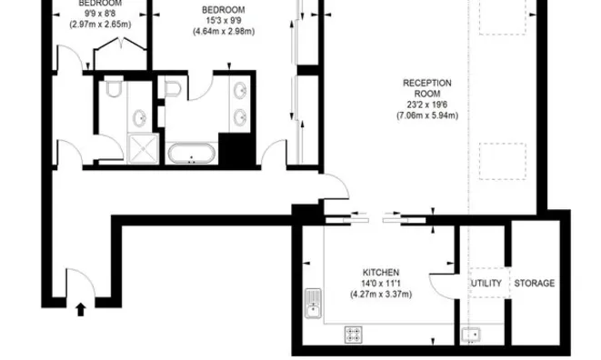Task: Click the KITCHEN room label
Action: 380,271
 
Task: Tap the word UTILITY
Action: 486,284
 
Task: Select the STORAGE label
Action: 535,284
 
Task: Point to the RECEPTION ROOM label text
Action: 427,89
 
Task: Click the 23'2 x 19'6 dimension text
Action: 427,105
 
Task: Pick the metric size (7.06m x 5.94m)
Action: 427,115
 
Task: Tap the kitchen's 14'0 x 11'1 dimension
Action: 380,283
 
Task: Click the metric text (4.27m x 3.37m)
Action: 380,294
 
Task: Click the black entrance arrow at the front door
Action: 81,309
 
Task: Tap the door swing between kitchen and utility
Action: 443,280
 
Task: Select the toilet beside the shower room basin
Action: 113,90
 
